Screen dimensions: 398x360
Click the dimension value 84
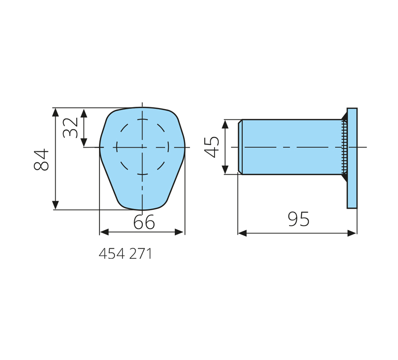(41, 159)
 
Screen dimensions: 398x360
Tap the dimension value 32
(70, 127)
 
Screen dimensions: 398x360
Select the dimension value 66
(144, 222)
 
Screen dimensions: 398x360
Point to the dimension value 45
(212, 147)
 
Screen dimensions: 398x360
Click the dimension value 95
(298, 219)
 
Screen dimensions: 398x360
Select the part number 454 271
(125, 254)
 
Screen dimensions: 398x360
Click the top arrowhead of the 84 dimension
(55, 112)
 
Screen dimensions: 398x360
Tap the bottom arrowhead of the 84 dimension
(55, 205)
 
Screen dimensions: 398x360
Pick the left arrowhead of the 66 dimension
(104, 232)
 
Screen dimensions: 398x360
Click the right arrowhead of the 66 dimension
(179, 232)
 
